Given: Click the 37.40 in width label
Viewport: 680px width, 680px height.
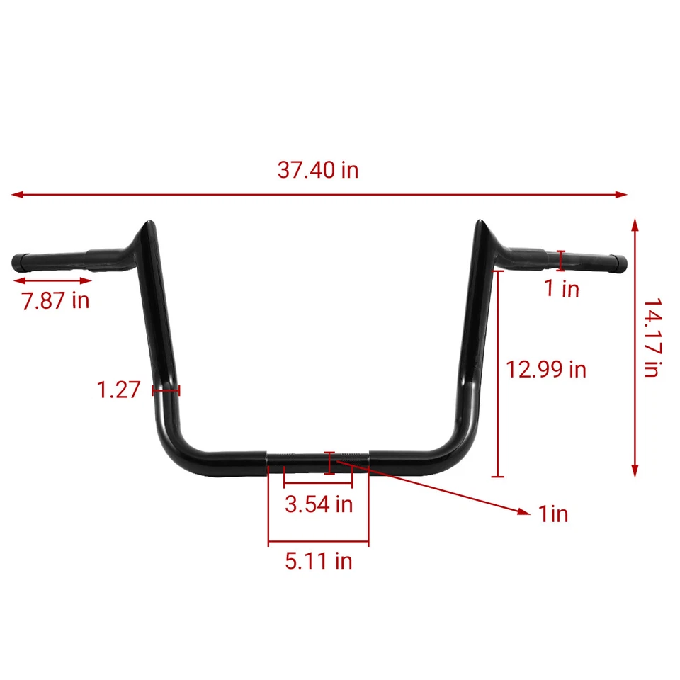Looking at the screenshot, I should click(318, 170).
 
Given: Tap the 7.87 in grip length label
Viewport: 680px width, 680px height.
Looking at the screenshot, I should click(55, 300).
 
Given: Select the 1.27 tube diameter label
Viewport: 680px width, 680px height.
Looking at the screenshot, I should click(118, 390).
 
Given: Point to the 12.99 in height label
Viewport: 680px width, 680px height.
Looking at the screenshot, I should click(545, 369).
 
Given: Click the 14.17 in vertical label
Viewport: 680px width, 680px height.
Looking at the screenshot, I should click(652, 337).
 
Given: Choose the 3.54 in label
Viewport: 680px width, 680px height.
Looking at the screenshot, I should click(318, 504).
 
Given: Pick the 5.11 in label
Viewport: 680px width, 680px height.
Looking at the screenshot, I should click(318, 561).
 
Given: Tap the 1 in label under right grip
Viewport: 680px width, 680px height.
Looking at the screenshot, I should click(562, 288).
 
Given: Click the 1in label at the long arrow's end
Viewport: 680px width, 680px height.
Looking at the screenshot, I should click(553, 514).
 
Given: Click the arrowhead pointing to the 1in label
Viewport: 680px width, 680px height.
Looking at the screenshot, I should click(524, 511).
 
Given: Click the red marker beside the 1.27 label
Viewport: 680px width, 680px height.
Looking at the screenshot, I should click(166, 390).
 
